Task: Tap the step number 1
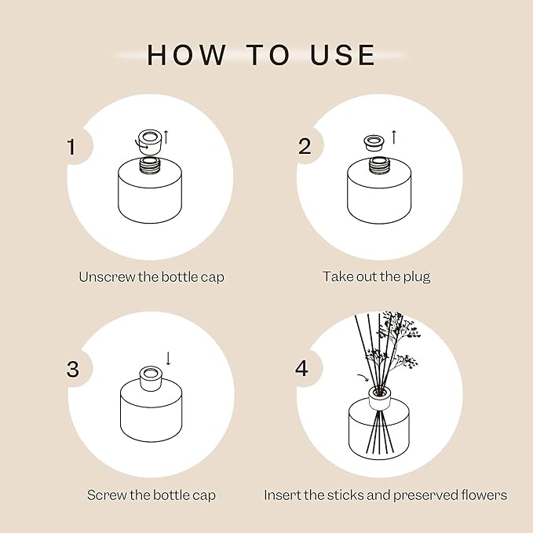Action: coord(72,147)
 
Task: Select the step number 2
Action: coord(304,146)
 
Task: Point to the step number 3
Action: coord(72,369)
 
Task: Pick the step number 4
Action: coord(303,368)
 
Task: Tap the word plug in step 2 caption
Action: coord(415,276)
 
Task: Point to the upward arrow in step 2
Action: coord(393,137)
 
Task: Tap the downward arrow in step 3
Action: coord(167,359)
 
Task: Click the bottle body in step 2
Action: coord(380,200)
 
